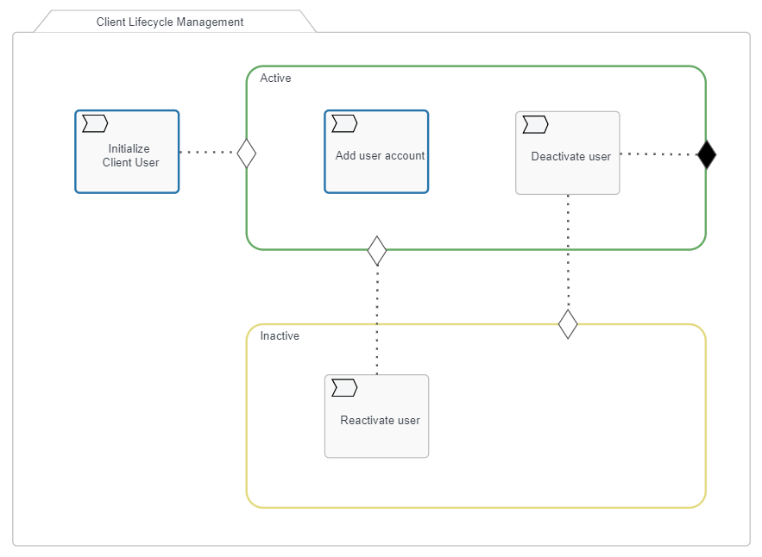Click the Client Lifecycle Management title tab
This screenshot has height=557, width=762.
[170, 22]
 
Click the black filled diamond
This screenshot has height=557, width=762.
[707, 154]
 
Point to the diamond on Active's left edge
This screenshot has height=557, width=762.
[247, 153]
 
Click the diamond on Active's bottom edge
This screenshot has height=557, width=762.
[377, 250]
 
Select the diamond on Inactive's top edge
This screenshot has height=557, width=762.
[568, 324]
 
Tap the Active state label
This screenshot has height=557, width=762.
[275, 78]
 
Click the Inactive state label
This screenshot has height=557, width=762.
[280, 336]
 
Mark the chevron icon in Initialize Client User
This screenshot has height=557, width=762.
[95, 125]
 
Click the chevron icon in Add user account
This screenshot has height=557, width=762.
[344, 125]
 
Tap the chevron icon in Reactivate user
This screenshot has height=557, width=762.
[344, 389]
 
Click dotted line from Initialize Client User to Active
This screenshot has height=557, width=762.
[207, 153]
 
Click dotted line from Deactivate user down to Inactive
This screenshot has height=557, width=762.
[568, 250]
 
